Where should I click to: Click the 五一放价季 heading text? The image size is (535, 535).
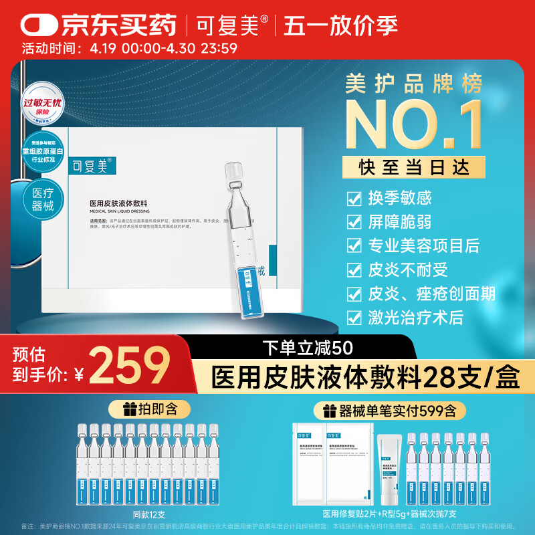340,25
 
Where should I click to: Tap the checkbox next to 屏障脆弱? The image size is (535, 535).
354,221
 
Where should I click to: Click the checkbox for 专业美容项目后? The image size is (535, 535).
354,245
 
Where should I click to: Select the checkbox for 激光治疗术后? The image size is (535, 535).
354,316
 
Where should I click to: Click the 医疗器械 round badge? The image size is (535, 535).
43,199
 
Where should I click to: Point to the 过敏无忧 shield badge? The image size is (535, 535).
43,107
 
